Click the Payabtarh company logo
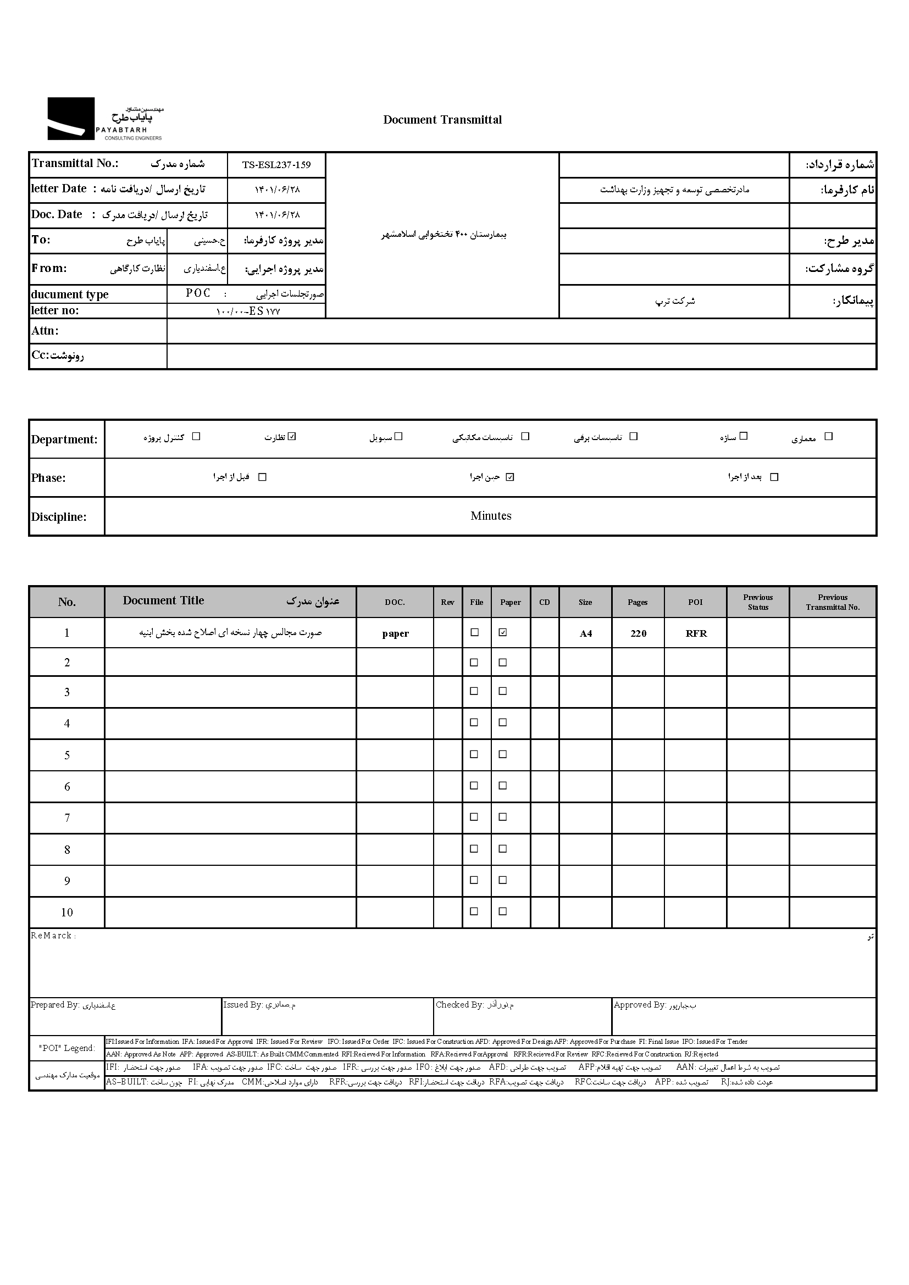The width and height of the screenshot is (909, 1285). click(x=105, y=119)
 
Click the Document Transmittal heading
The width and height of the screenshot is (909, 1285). click(x=442, y=120)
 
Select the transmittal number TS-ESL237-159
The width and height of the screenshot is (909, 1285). click(x=276, y=165)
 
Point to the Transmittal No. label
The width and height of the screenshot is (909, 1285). click(x=75, y=163)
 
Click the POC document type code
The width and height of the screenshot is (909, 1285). click(x=198, y=293)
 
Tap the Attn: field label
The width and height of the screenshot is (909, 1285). click(x=45, y=331)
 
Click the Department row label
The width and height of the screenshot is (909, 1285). click(x=64, y=440)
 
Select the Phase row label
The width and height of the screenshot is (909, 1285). click(x=49, y=478)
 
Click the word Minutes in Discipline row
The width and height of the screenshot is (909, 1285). click(x=490, y=516)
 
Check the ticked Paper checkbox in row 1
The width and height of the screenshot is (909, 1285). click(x=503, y=632)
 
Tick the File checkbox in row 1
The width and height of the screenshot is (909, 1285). click(x=475, y=632)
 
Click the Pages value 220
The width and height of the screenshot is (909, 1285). click(x=638, y=633)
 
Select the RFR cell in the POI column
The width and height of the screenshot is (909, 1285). click(x=696, y=633)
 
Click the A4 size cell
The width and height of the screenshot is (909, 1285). click(x=585, y=633)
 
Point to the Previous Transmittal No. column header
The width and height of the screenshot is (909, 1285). click(x=832, y=602)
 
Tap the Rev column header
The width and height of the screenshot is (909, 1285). click(x=447, y=602)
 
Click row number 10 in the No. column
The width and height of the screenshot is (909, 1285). click(x=67, y=913)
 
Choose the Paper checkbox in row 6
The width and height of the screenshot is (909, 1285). click(x=503, y=786)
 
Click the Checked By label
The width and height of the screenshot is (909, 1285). click(x=459, y=1005)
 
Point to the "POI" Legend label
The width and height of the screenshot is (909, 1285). click(x=67, y=1048)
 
